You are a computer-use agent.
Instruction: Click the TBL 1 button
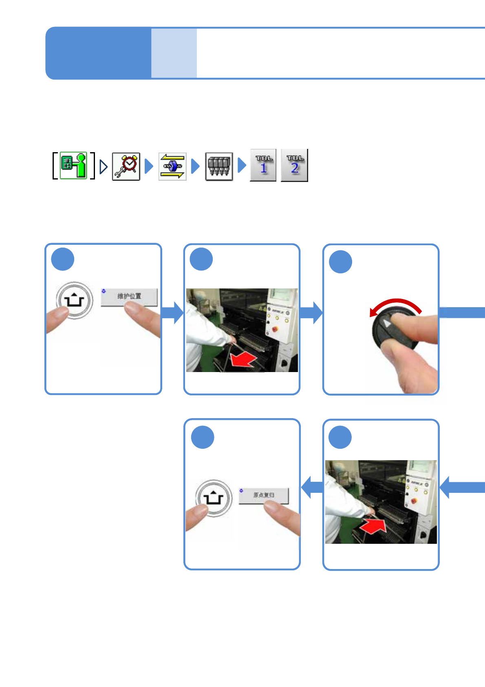click(263, 165)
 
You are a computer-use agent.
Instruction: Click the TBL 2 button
click(294, 165)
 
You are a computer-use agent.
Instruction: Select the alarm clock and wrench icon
click(126, 166)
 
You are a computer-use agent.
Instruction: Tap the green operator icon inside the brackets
click(74, 165)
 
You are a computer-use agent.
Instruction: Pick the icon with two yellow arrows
click(172, 166)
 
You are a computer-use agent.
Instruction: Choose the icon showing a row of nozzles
click(219, 166)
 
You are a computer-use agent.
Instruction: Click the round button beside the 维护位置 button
click(74, 301)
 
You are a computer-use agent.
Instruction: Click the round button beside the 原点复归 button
click(214, 498)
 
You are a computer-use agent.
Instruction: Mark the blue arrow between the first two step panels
click(172, 313)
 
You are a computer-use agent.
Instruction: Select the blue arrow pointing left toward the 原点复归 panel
click(312, 487)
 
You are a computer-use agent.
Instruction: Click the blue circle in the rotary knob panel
click(340, 262)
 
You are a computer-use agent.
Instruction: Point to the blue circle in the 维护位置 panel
click(63, 259)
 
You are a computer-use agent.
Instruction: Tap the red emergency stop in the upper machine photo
click(275, 329)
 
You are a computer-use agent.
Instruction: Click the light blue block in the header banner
click(174, 53)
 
